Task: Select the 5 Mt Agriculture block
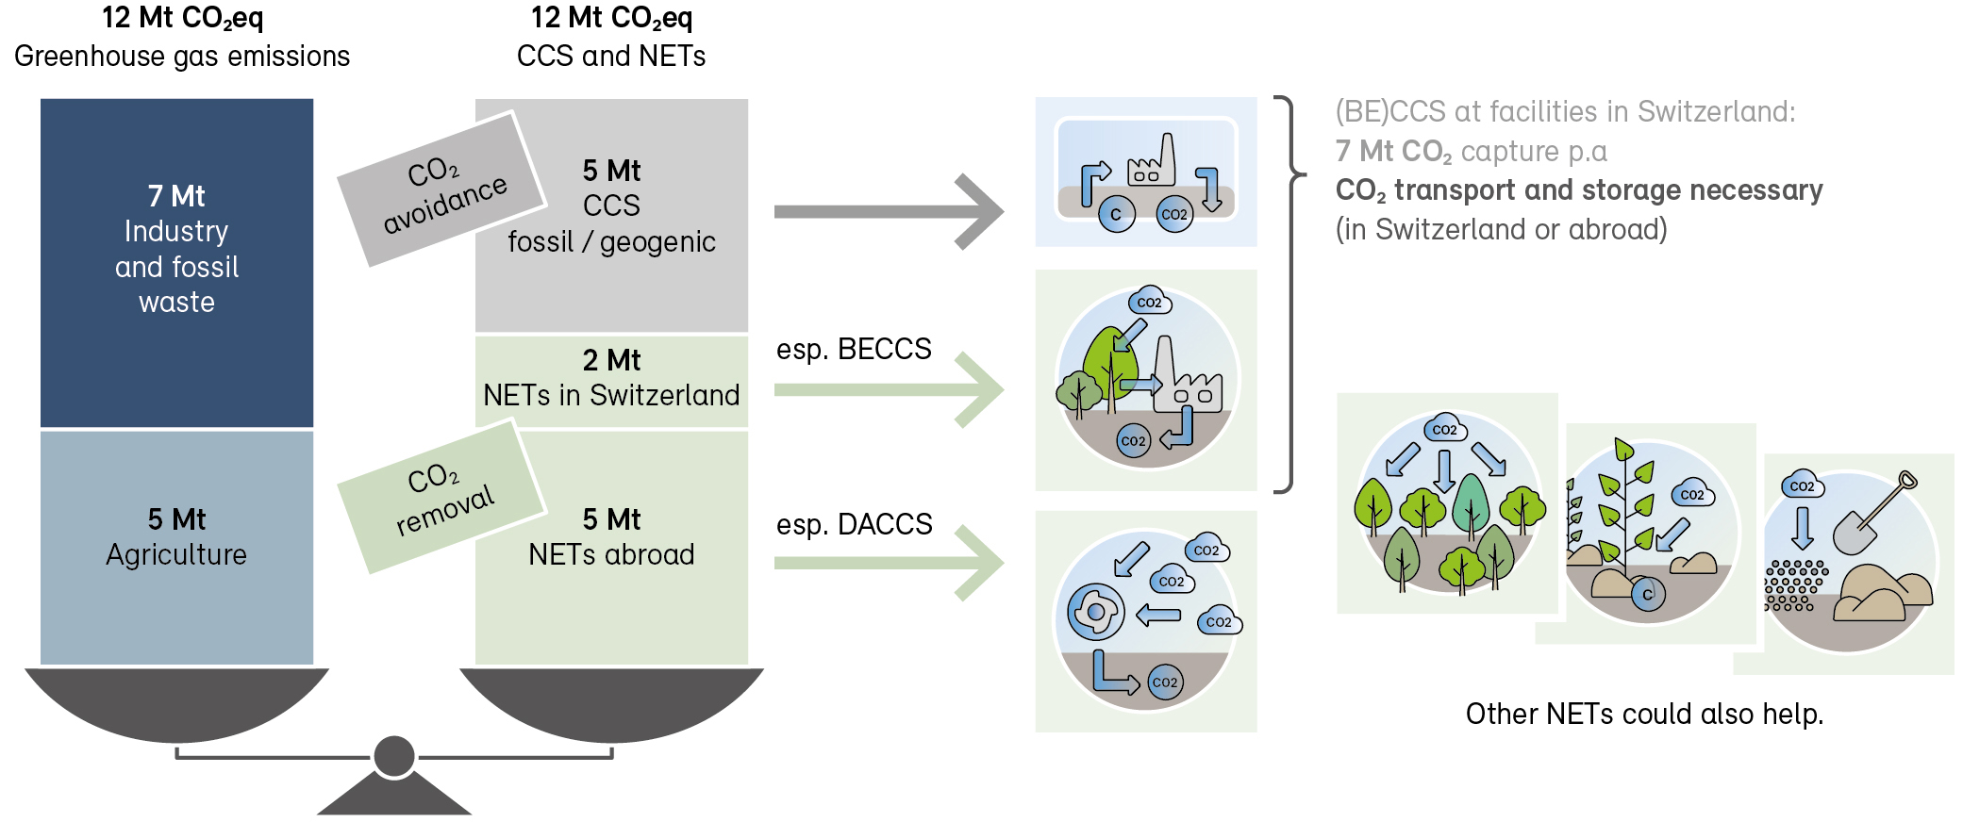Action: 176,547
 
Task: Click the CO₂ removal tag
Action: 441,497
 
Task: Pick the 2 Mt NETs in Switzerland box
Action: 611,380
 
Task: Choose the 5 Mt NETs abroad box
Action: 611,547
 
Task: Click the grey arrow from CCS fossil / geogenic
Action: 887,212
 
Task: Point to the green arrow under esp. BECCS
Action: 887,389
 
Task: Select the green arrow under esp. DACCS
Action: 887,563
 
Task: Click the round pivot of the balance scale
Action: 394,756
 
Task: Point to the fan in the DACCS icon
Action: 1096,612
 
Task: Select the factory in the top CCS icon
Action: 1152,163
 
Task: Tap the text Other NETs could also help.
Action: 1644,715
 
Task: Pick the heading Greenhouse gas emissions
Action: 182,57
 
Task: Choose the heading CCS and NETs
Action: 611,57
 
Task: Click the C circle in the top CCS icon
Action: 1116,215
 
